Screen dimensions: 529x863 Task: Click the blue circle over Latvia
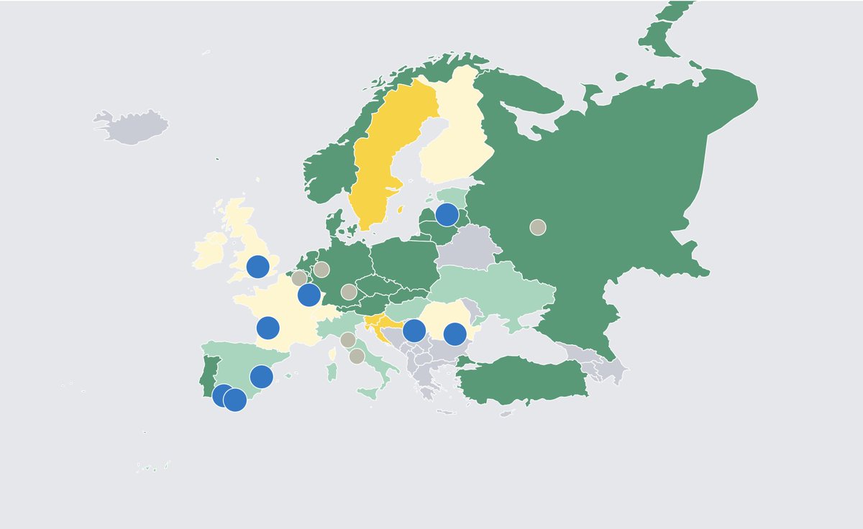[x=447, y=214]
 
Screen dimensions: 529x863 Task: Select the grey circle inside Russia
[x=537, y=227]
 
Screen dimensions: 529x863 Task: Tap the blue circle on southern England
[x=257, y=267]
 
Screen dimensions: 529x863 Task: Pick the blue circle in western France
[x=268, y=328]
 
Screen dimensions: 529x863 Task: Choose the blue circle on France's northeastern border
[x=309, y=294]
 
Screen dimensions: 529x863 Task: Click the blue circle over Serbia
[x=414, y=331]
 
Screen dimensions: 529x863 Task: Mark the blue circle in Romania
[x=455, y=334]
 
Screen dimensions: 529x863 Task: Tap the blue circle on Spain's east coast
[x=261, y=376]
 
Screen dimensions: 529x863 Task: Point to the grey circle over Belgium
[x=299, y=278]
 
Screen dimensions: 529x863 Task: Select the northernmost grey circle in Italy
[x=347, y=340]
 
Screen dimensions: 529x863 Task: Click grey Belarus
[x=464, y=248]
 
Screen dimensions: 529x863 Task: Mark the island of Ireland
[x=211, y=250]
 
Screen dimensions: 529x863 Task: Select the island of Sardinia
[x=332, y=372]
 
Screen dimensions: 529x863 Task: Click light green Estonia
[x=453, y=195]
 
